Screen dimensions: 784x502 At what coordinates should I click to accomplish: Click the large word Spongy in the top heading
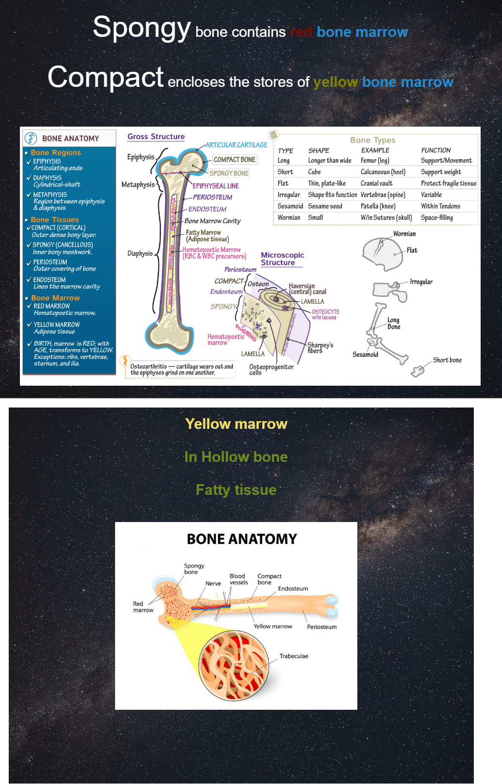point(141,27)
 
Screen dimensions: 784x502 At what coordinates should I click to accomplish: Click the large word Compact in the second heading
point(106,77)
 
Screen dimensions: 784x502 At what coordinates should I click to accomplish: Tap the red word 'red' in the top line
point(301,32)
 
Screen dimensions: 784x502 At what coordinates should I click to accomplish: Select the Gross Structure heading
point(156,137)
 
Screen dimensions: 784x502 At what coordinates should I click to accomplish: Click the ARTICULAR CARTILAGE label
point(236,145)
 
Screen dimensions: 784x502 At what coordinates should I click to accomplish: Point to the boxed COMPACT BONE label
point(234,160)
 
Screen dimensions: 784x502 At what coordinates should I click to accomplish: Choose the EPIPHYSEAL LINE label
point(216,186)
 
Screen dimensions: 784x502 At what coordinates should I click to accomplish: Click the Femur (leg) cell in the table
point(375,161)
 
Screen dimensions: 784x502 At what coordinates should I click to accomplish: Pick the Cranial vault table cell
point(376,183)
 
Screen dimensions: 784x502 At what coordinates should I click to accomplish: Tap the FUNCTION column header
point(435,150)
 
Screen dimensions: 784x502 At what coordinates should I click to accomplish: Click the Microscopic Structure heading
point(282,259)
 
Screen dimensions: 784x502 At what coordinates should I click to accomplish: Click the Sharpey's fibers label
point(320,348)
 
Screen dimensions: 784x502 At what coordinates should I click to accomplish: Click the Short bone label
point(447,360)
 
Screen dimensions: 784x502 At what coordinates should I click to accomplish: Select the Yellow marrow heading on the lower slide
point(236,424)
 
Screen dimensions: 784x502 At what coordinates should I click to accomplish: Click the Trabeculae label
point(294,656)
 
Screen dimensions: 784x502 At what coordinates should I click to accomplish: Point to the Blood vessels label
point(238,579)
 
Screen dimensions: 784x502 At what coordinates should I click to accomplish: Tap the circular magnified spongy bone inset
point(234,665)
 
